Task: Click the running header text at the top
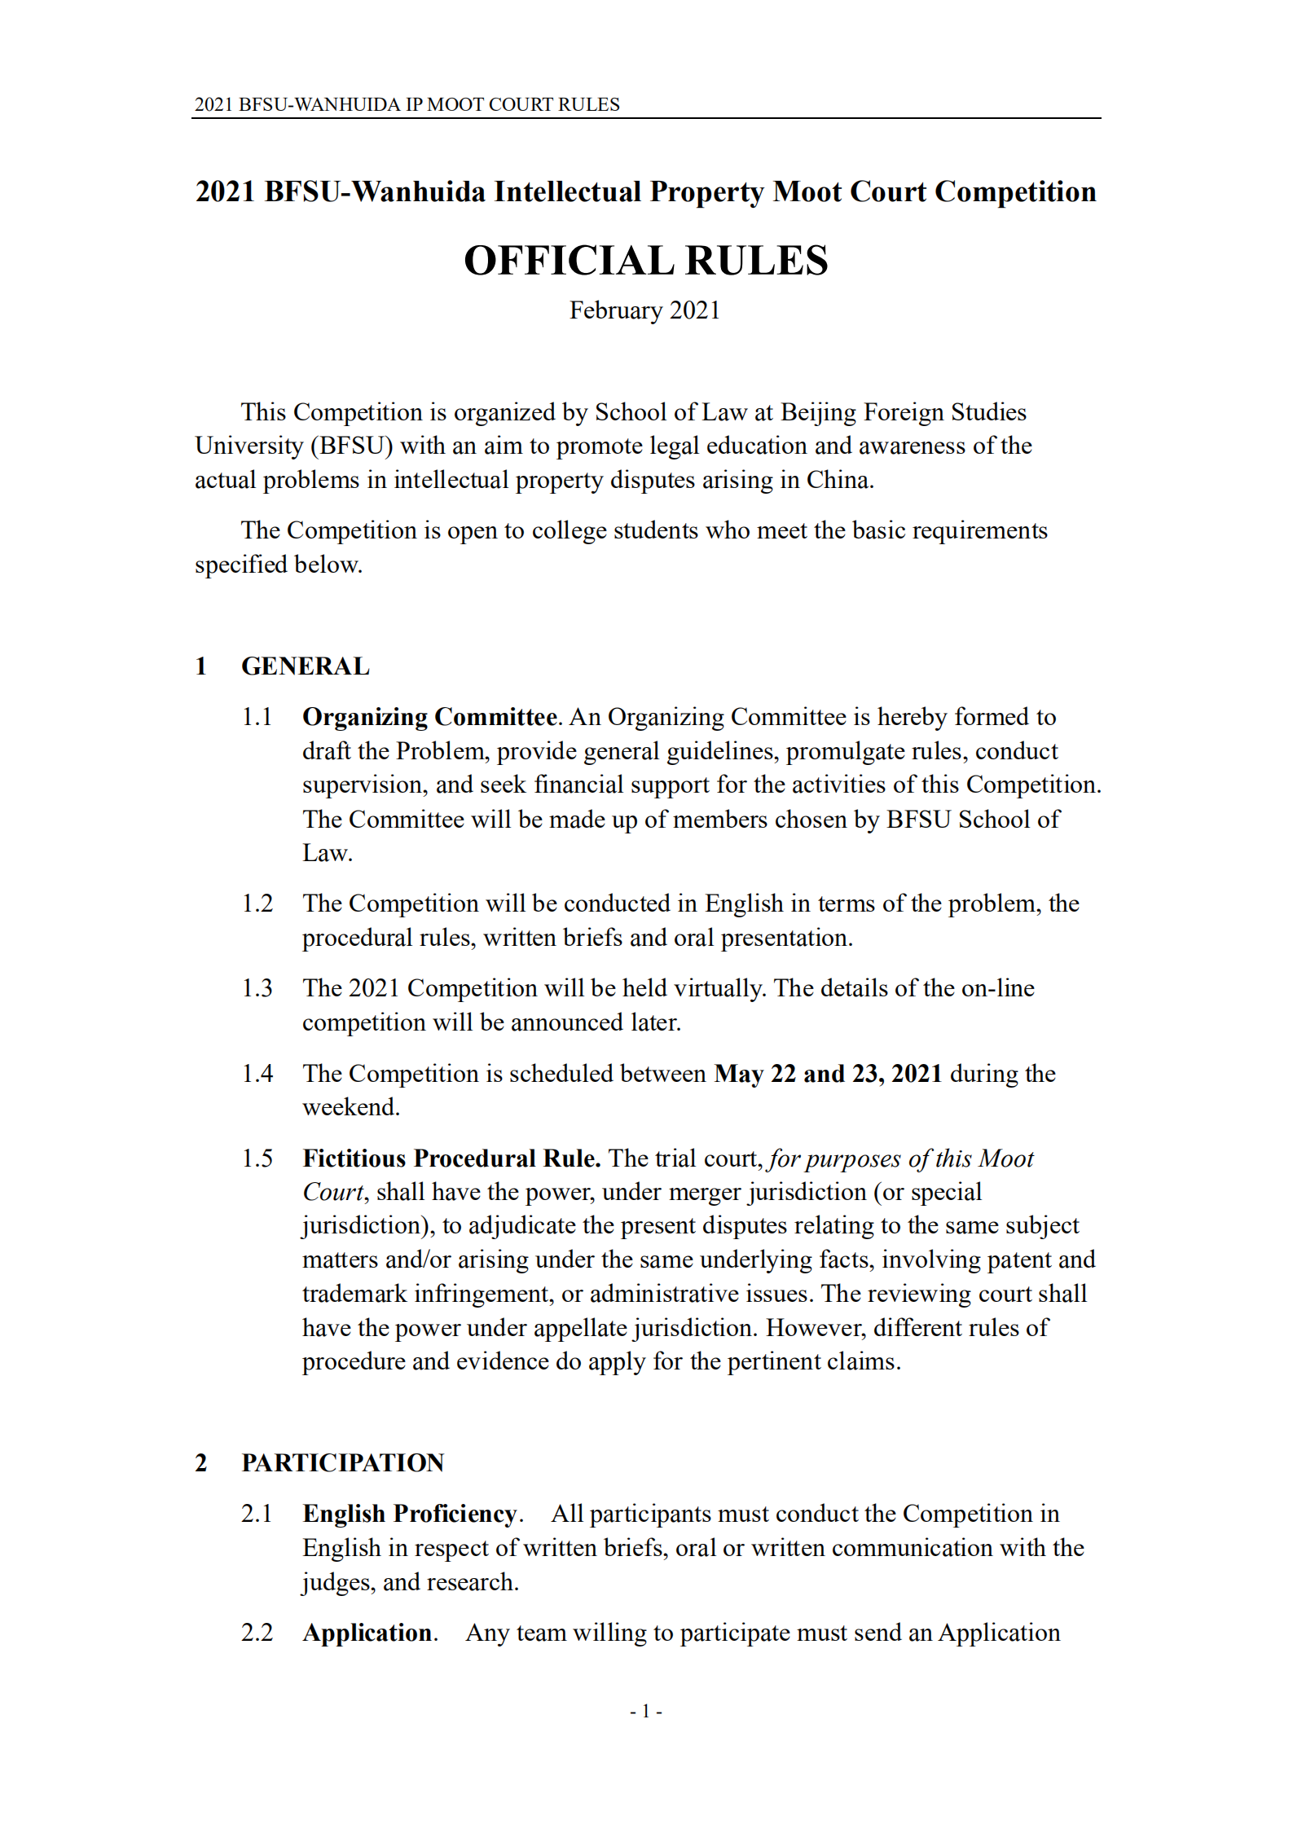pyautogui.click(x=407, y=104)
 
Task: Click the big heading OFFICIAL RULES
pyautogui.click(x=645, y=261)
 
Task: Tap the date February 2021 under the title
pyautogui.click(x=644, y=310)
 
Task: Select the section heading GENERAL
pyautogui.click(x=305, y=666)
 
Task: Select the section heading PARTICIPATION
pyautogui.click(x=342, y=1462)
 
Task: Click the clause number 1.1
pyautogui.click(x=257, y=717)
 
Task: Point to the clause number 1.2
pyautogui.click(x=257, y=904)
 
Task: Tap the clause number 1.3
pyautogui.click(x=257, y=988)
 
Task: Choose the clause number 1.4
pyautogui.click(x=257, y=1074)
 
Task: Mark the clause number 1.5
pyautogui.click(x=257, y=1159)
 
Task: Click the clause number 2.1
pyautogui.click(x=257, y=1514)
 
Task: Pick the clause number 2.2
pyautogui.click(x=257, y=1633)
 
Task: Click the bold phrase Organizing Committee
pyautogui.click(x=429, y=717)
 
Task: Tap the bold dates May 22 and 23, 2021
pyautogui.click(x=828, y=1074)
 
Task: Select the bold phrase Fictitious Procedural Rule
pyautogui.click(x=451, y=1159)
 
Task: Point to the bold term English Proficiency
pyautogui.click(x=410, y=1514)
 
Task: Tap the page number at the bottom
pyautogui.click(x=645, y=1711)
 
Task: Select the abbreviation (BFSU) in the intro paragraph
pyautogui.click(x=351, y=446)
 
